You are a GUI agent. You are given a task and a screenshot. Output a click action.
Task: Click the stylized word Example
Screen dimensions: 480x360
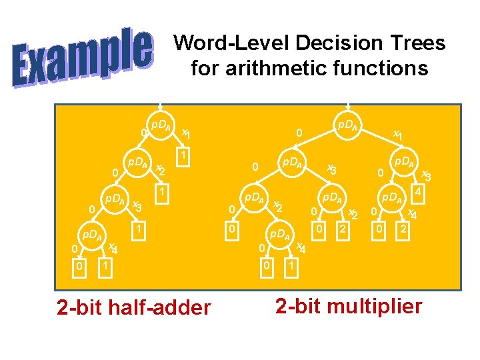coord(83,57)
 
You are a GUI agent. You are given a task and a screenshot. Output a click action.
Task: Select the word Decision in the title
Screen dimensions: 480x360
coord(327,44)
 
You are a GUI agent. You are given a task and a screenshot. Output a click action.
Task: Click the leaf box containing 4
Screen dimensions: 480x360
coord(419,192)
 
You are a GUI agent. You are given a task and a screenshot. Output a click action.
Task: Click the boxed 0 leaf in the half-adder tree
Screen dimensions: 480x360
coord(79,267)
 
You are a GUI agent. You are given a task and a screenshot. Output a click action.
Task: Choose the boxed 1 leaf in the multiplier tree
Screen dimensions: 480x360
coord(290,267)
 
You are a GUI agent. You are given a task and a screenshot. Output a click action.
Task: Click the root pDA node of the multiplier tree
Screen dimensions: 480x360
coord(346,127)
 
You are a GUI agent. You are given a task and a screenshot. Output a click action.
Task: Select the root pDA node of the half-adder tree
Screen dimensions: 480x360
coord(161,126)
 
